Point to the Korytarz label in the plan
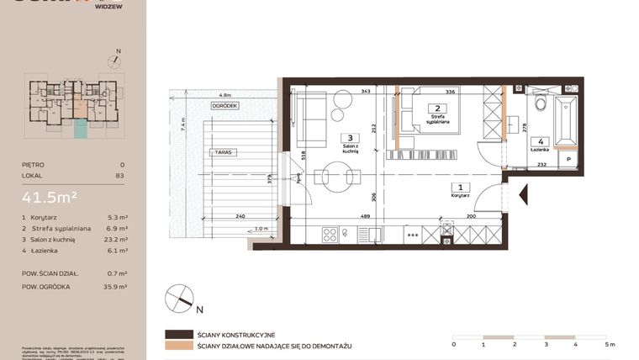coord(458,192)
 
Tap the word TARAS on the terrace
coord(222,152)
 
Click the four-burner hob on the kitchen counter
coord(331,235)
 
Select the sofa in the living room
coord(314,119)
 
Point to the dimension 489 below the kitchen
coord(366,216)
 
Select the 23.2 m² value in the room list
coord(117,240)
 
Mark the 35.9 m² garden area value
coord(117,287)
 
